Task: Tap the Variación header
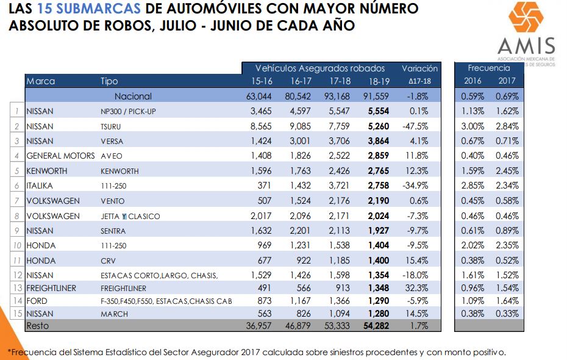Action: [x=419, y=68]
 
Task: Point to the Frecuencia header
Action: [x=489, y=68]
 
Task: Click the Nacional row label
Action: [x=133, y=96]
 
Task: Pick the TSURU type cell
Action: [x=112, y=126]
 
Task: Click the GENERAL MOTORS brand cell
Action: [x=61, y=156]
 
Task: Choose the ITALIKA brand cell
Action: [x=40, y=186]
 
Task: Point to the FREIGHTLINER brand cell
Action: [x=51, y=288]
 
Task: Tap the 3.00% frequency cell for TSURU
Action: [x=473, y=126]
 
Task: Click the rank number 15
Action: [x=19, y=314]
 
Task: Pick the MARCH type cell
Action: [x=113, y=314]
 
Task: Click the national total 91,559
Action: [x=378, y=96]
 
